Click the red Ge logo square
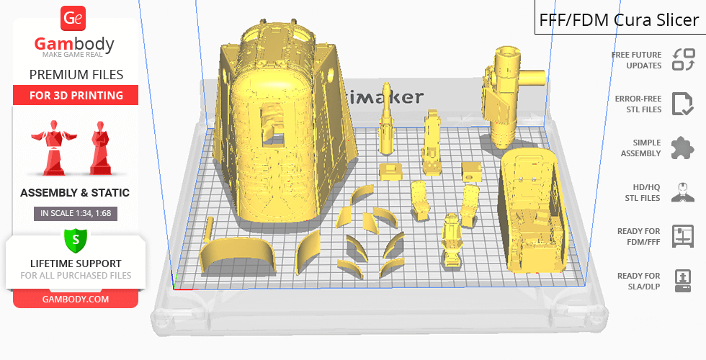pyautogui.click(x=73, y=18)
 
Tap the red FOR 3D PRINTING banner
pyautogui.click(x=76, y=95)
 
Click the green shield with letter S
pyautogui.click(x=76, y=240)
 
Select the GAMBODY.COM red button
pyautogui.click(x=76, y=300)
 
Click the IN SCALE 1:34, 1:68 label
pyautogui.click(x=76, y=213)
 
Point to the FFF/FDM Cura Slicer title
pyautogui.click(x=619, y=20)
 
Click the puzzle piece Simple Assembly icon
pyautogui.click(x=682, y=148)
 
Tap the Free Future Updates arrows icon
pyautogui.click(x=683, y=60)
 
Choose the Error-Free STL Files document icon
pyautogui.click(x=682, y=104)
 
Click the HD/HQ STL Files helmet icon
pyautogui.click(x=683, y=192)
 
